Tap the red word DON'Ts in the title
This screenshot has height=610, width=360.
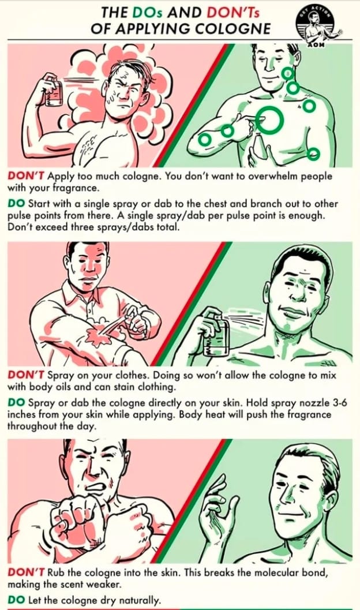(x=232, y=13)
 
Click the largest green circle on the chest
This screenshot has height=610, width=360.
(x=269, y=120)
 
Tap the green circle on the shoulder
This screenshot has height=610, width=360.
(x=309, y=106)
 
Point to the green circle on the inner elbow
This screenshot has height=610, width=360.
(x=227, y=130)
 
